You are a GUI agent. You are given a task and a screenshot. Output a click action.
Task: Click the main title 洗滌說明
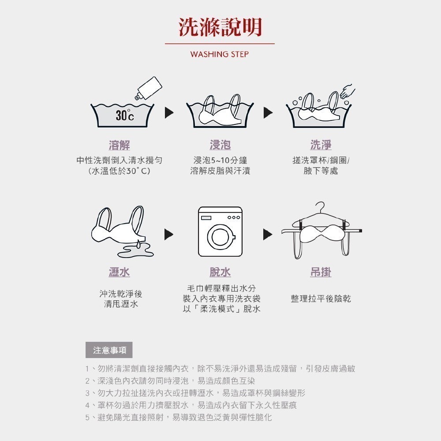(220, 27)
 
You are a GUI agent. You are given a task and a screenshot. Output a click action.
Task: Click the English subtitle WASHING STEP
(220, 54)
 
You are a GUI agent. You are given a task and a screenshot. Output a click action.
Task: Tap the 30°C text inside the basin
(125, 115)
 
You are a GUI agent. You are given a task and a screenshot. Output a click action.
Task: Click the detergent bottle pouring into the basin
(149, 88)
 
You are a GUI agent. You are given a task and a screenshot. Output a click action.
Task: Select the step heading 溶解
(120, 145)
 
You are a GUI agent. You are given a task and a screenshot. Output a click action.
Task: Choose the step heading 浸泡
(220, 145)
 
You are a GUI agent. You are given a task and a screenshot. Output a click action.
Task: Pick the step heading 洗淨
(321, 145)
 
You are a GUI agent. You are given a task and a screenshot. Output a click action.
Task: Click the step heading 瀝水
(120, 272)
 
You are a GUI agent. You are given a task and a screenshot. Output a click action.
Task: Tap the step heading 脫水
(220, 272)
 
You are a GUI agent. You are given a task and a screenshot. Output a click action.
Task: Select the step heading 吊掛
(321, 272)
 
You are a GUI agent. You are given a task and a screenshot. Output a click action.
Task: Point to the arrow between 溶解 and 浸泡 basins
(169, 113)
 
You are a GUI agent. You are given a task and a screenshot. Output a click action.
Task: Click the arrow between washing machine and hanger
(268, 234)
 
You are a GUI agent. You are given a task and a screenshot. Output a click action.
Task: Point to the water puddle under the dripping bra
(135, 250)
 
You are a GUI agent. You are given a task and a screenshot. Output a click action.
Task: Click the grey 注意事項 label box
(109, 350)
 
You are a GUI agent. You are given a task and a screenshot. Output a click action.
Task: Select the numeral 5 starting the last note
(87, 417)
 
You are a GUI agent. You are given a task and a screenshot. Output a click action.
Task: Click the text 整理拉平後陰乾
(321, 299)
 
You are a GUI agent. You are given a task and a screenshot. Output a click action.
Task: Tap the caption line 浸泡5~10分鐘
(220, 161)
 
